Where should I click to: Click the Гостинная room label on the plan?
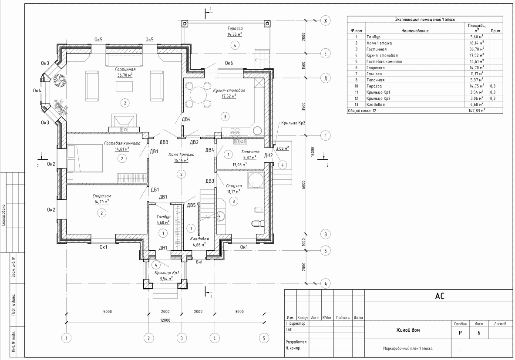coord(125,69)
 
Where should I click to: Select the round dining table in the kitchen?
coord(198,95)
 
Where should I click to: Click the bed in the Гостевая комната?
coord(85,158)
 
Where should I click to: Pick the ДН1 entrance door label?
coord(163,248)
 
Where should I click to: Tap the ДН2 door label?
coord(269,155)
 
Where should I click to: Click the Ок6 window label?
coord(229,63)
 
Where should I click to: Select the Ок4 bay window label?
coord(37,91)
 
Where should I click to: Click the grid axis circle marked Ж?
coord(326,21)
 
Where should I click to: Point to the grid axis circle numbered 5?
coord(264,338)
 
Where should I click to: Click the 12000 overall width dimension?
coord(165,320)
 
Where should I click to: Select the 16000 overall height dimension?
coord(312,152)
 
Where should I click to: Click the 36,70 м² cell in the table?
coord(477,49)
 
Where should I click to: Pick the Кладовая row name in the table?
coord(375,104)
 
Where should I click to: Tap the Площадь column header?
coord(477,25)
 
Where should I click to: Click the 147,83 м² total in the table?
coord(477,111)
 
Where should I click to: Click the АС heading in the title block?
coord(439,296)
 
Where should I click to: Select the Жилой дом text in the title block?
coord(408,330)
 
